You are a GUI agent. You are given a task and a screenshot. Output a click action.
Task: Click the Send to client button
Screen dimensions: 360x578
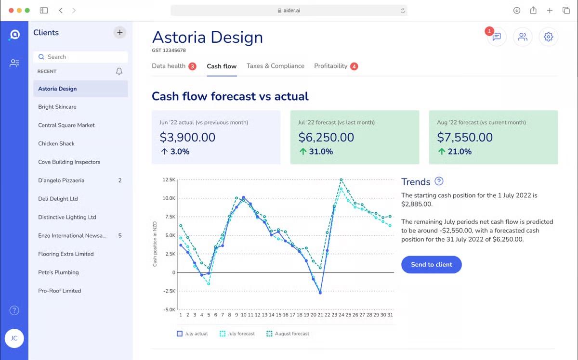[431, 264]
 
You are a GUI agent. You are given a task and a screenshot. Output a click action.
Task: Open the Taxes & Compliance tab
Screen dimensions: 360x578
[275, 66]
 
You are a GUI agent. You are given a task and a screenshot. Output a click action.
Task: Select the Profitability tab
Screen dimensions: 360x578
[330, 66]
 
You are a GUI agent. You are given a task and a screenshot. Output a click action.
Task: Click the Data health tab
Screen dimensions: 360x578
[169, 66]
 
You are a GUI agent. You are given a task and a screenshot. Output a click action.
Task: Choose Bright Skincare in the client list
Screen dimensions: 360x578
[57, 107]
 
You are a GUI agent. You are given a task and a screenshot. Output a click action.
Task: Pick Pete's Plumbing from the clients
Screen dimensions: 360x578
[58, 272]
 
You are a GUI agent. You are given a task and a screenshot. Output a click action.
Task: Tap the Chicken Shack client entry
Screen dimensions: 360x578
[56, 143]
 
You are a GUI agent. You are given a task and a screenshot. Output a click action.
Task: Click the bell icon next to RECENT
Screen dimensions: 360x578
[119, 71]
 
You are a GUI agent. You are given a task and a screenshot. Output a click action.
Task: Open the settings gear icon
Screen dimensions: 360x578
[548, 37]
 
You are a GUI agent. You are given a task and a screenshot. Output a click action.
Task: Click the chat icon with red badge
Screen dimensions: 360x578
[497, 37]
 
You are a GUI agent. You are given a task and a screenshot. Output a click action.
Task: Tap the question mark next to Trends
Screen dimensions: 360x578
[439, 181]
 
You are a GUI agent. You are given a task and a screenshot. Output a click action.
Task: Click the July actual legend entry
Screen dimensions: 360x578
[192, 334]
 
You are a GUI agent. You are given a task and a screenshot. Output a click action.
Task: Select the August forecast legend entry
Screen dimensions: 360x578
[288, 334]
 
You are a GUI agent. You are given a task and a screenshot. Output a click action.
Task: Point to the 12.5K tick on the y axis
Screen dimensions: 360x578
[169, 180]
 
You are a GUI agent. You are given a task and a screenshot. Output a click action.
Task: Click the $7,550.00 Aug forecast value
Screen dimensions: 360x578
[464, 138]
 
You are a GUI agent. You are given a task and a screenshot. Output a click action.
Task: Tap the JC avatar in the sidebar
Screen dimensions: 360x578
[14, 338]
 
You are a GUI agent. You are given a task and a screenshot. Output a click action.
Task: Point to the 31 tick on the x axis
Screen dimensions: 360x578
[390, 315]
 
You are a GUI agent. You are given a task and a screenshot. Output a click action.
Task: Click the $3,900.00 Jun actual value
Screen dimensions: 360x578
[187, 138]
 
